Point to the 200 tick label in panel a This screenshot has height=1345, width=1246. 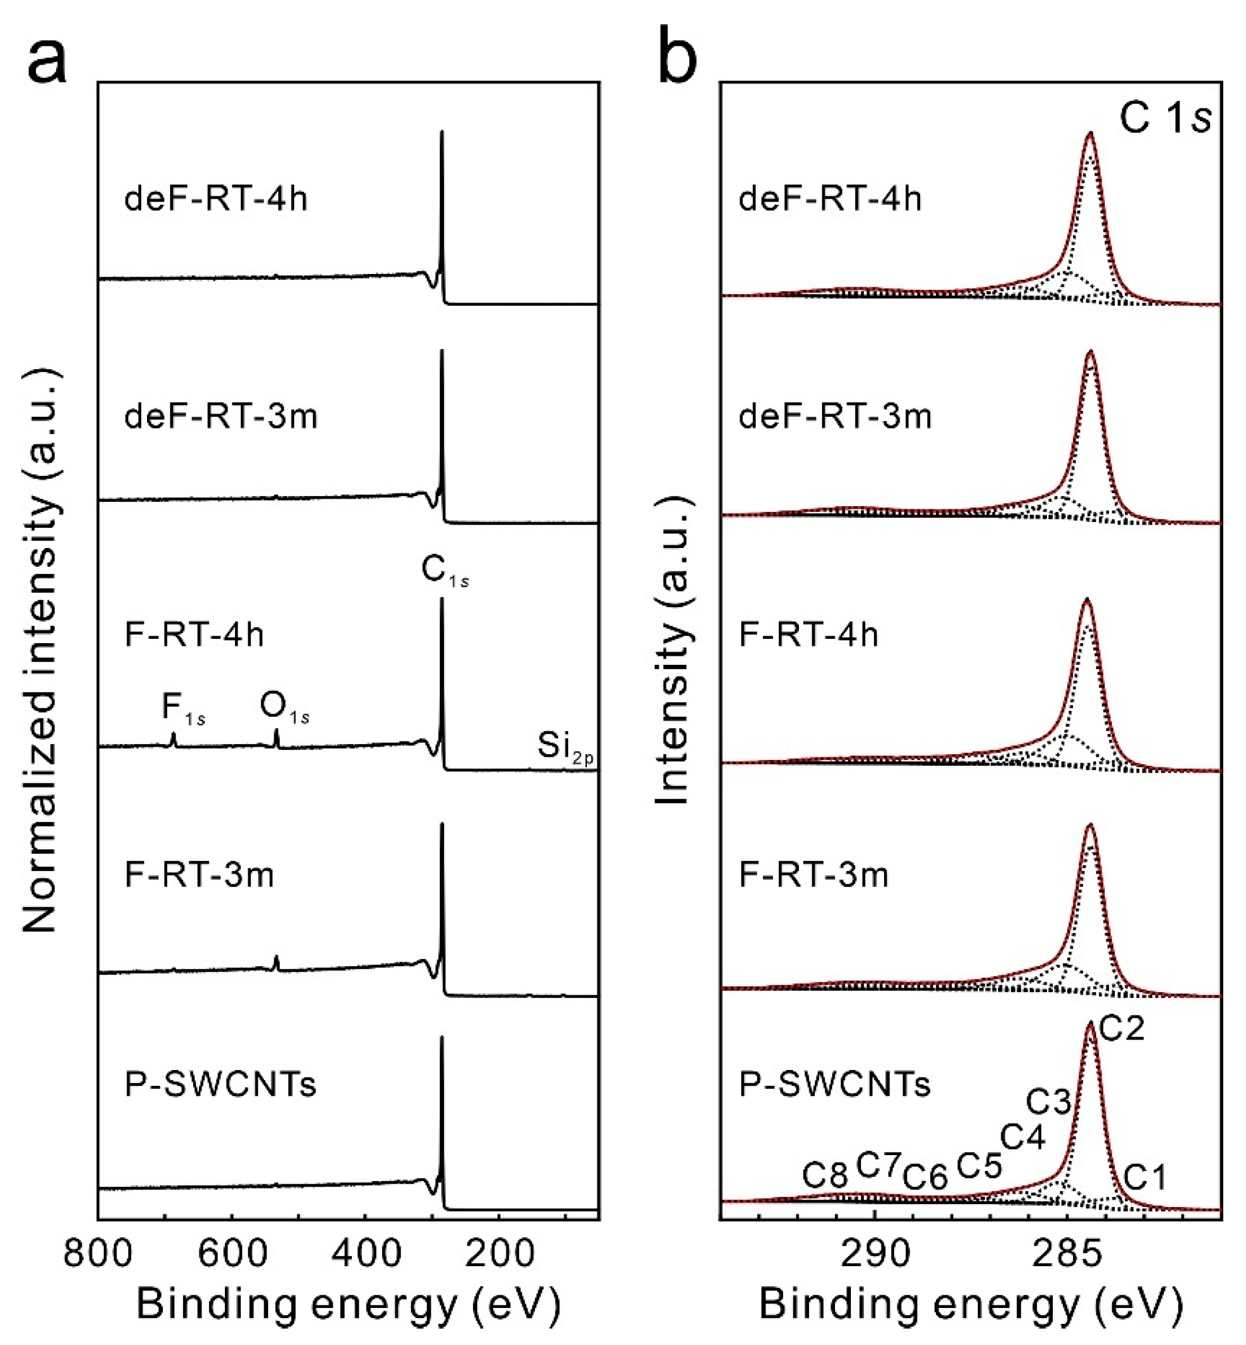pos(498,1254)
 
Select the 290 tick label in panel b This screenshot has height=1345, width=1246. pos(875,1254)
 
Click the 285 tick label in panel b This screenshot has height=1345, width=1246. pos(1068,1254)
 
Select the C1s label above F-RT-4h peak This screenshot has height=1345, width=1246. pos(444,570)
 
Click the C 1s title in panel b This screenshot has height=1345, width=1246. pos(1165,120)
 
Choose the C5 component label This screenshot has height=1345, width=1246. pos(979,1165)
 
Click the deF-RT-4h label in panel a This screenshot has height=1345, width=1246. pos(216,199)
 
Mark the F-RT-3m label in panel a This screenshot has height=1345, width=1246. pos(199,876)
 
